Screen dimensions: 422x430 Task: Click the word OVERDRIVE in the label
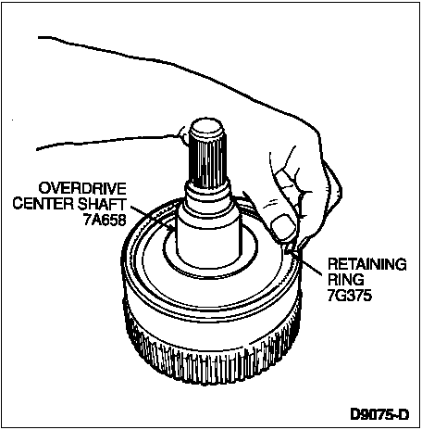click(82, 188)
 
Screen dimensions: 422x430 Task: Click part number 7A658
click(105, 220)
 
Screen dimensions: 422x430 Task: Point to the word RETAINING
click(367, 264)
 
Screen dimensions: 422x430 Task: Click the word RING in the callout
click(346, 280)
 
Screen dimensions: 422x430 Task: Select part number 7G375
click(350, 296)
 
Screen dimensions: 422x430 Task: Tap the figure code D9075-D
click(379, 414)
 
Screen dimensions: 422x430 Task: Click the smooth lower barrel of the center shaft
click(208, 239)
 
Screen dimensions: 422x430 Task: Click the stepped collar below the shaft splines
click(207, 196)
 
